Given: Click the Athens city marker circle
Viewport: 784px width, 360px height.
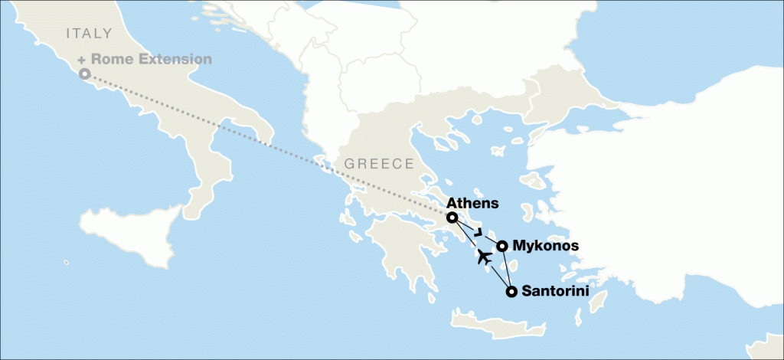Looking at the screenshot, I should [452, 218].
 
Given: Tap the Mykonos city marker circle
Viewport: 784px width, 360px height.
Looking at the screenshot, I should [501, 246].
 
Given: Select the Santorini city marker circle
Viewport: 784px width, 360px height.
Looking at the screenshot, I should [511, 291].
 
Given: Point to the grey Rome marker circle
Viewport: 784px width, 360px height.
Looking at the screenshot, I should [85, 74].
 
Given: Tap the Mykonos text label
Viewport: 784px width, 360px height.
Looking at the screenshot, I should [545, 246].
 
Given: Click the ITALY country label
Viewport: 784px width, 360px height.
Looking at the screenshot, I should [90, 33].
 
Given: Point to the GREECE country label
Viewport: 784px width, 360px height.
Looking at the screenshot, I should [379, 163].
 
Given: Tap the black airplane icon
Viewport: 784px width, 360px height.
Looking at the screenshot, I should [484, 257].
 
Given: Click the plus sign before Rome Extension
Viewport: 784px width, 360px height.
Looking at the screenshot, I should [81, 59].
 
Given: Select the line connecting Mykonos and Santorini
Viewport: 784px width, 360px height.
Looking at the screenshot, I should [506, 269].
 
